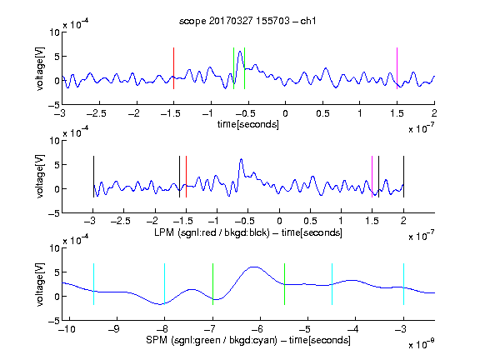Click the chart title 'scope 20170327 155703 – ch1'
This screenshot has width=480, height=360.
coord(247,21)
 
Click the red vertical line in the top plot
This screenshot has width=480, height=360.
coord(173,68)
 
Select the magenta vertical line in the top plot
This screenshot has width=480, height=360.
coord(397,68)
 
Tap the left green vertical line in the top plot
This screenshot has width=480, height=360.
coord(233,68)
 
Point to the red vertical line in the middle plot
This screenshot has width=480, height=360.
coord(186,177)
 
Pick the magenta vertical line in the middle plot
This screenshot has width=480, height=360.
coord(372,177)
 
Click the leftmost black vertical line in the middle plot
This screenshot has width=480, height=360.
coord(93,177)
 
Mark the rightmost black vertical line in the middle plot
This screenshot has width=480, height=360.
coord(403,177)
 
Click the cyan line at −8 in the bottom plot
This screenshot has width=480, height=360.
coord(165,284)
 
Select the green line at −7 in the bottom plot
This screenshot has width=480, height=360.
coord(212,284)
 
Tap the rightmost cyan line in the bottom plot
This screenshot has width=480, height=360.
coord(403,284)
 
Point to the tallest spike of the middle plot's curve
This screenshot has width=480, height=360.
coord(241,159)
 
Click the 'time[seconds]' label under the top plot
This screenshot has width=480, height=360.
coord(248,125)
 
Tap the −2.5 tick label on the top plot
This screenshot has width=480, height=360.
coord(96,113)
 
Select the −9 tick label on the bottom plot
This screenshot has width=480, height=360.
coord(114,329)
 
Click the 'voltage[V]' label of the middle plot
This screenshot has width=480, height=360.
coord(40,177)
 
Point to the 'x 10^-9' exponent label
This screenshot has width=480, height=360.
coord(421,344)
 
